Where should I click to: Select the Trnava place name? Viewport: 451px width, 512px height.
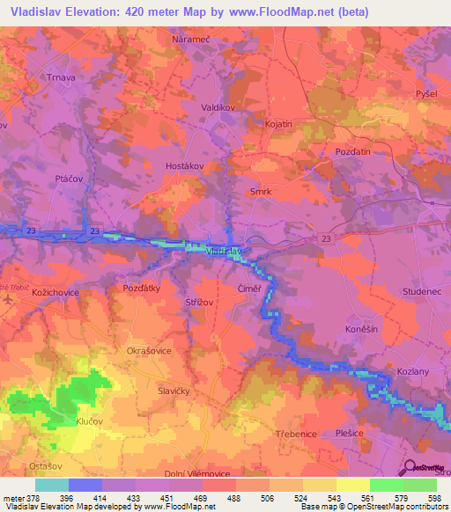pos(64,76)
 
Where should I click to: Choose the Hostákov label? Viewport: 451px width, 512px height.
pos(185,165)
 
